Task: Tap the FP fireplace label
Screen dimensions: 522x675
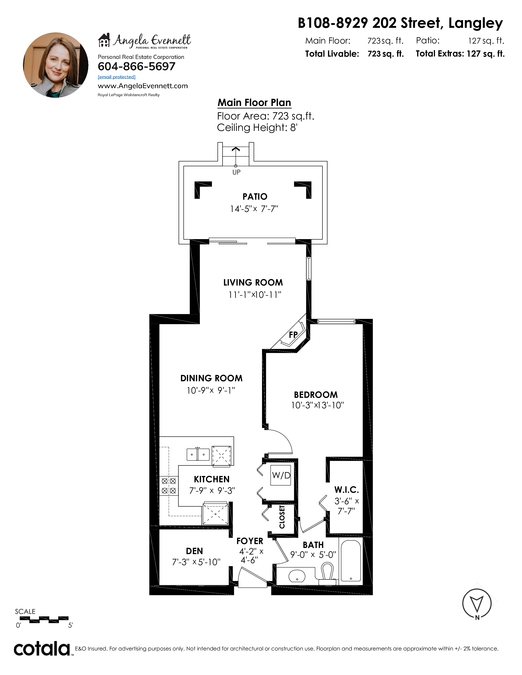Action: click(293, 334)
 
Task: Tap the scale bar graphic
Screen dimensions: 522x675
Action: click(44, 619)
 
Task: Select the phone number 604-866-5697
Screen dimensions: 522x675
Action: click(136, 66)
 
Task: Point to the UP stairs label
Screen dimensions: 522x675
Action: click(236, 172)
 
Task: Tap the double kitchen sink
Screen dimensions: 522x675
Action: click(198, 454)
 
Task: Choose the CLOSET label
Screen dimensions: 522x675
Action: click(282, 517)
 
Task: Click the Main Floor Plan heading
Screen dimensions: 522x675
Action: click(254, 103)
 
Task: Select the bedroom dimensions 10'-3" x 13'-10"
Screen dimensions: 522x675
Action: click(317, 405)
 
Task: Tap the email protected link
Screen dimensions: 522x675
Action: click(117, 77)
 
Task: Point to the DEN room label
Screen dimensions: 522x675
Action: click(194, 551)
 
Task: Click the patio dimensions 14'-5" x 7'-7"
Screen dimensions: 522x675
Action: click(254, 209)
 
